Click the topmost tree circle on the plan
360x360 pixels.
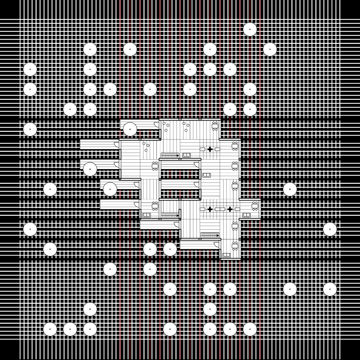(x=250, y=30)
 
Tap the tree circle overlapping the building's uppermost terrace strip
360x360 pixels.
(x=130, y=129)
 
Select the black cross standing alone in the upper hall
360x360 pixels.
(x=210, y=149)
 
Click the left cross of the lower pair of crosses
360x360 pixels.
(x=210, y=209)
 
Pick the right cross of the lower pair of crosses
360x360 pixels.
(x=230, y=209)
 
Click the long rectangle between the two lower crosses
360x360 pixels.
(x=220, y=209)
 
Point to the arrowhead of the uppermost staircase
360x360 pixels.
(x=178, y=155)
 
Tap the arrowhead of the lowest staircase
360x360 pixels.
(x=218, y=236)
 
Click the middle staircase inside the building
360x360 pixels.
(x=169, y=215)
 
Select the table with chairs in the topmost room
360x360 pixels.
(x=215, y=126)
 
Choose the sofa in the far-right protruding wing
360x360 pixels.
(x=246, y=215)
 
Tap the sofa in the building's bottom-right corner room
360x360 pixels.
(x=226, y=255)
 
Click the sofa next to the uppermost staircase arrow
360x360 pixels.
(x=186, y=155)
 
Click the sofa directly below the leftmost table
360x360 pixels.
(x=147, y=215)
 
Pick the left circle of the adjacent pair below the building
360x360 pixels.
(x=150, y=249)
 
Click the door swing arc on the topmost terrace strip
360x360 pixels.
(x=156, y=124)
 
